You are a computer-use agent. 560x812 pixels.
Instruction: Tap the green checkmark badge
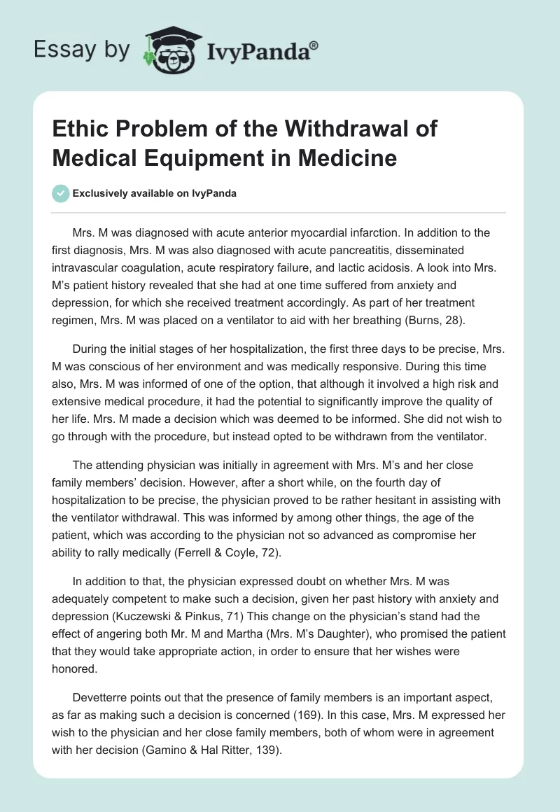click(x=62, y=194)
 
